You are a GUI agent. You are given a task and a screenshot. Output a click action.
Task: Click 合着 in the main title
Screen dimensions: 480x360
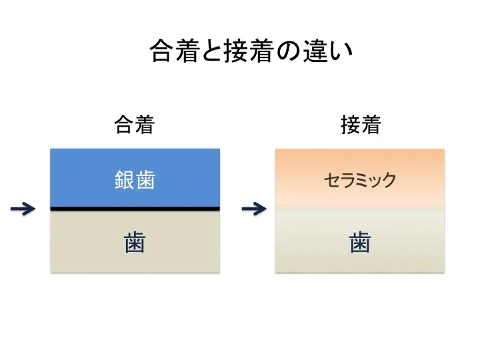[175, 51]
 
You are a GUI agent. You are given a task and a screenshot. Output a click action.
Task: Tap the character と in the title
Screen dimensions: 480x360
[213, 51]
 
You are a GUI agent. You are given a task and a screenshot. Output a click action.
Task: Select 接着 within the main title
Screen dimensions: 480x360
[249, 51]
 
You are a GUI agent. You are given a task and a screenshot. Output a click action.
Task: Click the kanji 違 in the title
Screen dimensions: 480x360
[315, 51]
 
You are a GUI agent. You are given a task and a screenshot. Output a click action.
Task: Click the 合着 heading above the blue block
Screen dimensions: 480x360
[135, 125]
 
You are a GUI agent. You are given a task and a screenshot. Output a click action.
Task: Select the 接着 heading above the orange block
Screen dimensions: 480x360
[361, 125]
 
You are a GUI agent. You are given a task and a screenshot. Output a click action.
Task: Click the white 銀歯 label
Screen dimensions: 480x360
[135, 180]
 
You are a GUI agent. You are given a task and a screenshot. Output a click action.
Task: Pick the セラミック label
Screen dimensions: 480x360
[360, 180]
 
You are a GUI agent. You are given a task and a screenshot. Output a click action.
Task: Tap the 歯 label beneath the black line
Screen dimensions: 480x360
[135, 242]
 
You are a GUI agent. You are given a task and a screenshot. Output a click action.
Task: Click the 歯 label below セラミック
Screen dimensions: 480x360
[360, 242]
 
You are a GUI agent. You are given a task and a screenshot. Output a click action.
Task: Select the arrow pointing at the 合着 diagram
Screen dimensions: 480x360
[23, 209]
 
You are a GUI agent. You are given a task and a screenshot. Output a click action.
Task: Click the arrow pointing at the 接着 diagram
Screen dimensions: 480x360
[254, 209]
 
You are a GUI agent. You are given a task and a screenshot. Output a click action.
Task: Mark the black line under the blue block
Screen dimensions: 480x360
[135, 209]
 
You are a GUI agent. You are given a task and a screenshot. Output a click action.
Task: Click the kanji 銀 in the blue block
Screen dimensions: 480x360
[125, 180]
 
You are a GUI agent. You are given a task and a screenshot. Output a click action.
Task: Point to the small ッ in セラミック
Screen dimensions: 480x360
[375, 181]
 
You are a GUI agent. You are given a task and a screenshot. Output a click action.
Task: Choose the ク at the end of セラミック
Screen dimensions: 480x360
[389, 180]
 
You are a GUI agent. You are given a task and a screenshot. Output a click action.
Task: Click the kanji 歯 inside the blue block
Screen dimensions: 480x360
[145, 180]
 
